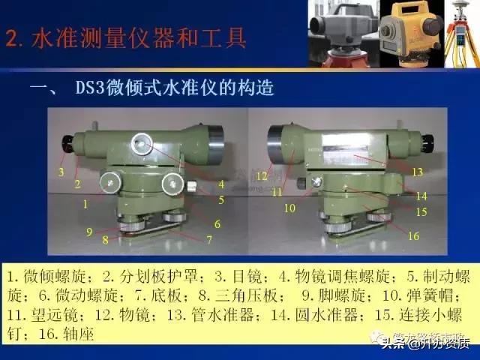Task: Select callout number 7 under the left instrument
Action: coord(209,239)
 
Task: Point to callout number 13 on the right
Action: coord(418,172)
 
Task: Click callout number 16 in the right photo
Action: coord(413,236)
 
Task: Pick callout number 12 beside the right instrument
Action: coord(261,175)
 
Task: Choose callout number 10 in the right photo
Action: coord(289,207)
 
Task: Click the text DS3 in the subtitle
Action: coord(89,89)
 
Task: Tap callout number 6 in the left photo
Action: coord(217,223)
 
